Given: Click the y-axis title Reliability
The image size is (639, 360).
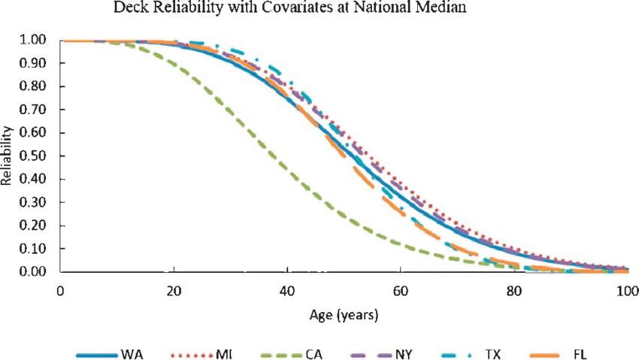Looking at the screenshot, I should click(8, 156).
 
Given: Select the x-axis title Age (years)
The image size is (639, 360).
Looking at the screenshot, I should click(344, 315).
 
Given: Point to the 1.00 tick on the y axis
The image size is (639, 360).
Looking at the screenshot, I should click(35, 40).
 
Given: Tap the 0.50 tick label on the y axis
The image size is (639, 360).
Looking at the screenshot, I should click(35, 156).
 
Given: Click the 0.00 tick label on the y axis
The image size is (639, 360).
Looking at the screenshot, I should click(35, 272).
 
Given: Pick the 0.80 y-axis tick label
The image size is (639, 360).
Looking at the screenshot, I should click(35, 86).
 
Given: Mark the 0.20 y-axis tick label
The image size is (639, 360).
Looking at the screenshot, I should click(35, 225).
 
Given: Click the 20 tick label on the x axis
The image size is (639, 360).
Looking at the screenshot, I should click(174, 291).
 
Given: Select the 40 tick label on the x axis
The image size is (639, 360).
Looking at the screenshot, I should click(287, 291).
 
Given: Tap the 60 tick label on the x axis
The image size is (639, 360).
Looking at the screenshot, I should click(400, 291).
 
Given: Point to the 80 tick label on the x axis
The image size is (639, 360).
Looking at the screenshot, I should click(513, 291).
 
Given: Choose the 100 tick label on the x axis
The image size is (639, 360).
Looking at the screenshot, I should click(623, 291).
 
